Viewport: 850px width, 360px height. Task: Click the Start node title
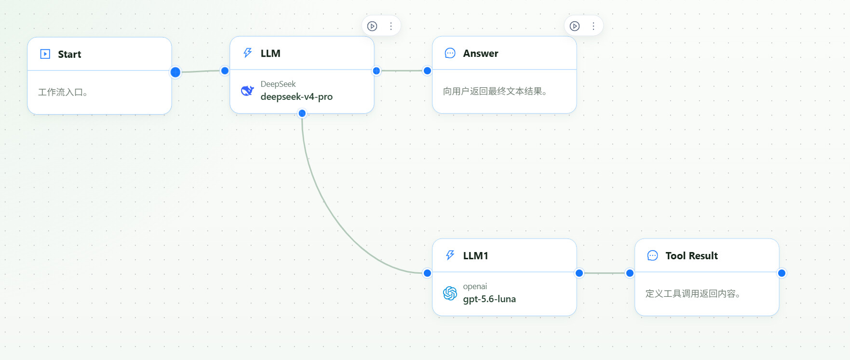click(69, 54)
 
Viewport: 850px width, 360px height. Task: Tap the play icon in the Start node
click(45, 54)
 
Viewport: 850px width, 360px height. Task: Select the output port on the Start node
click(175, 72)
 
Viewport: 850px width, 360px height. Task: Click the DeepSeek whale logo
click(247, 91)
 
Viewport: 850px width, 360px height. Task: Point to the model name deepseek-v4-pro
click(297, 97)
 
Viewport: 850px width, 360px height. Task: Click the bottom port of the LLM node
click(302, 113)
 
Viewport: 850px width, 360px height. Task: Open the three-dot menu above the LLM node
click(391, 26)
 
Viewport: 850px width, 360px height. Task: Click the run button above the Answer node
click(575, 26)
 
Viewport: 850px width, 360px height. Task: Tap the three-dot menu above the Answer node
click(594, 26)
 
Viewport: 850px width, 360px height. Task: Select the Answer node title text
click(481, 53)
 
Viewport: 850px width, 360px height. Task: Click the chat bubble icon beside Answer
click(450, 53)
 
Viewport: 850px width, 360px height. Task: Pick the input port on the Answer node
click(427, 71)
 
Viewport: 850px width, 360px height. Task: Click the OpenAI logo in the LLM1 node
click(450, 293)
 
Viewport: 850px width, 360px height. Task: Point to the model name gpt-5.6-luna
click(489, 299)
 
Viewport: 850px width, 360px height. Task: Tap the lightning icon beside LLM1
click(450, 255)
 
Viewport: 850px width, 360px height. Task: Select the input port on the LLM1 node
click(427, 273)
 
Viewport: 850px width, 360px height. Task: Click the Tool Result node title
click(691, 256)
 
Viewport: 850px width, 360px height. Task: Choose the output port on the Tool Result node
click(782, 273)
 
